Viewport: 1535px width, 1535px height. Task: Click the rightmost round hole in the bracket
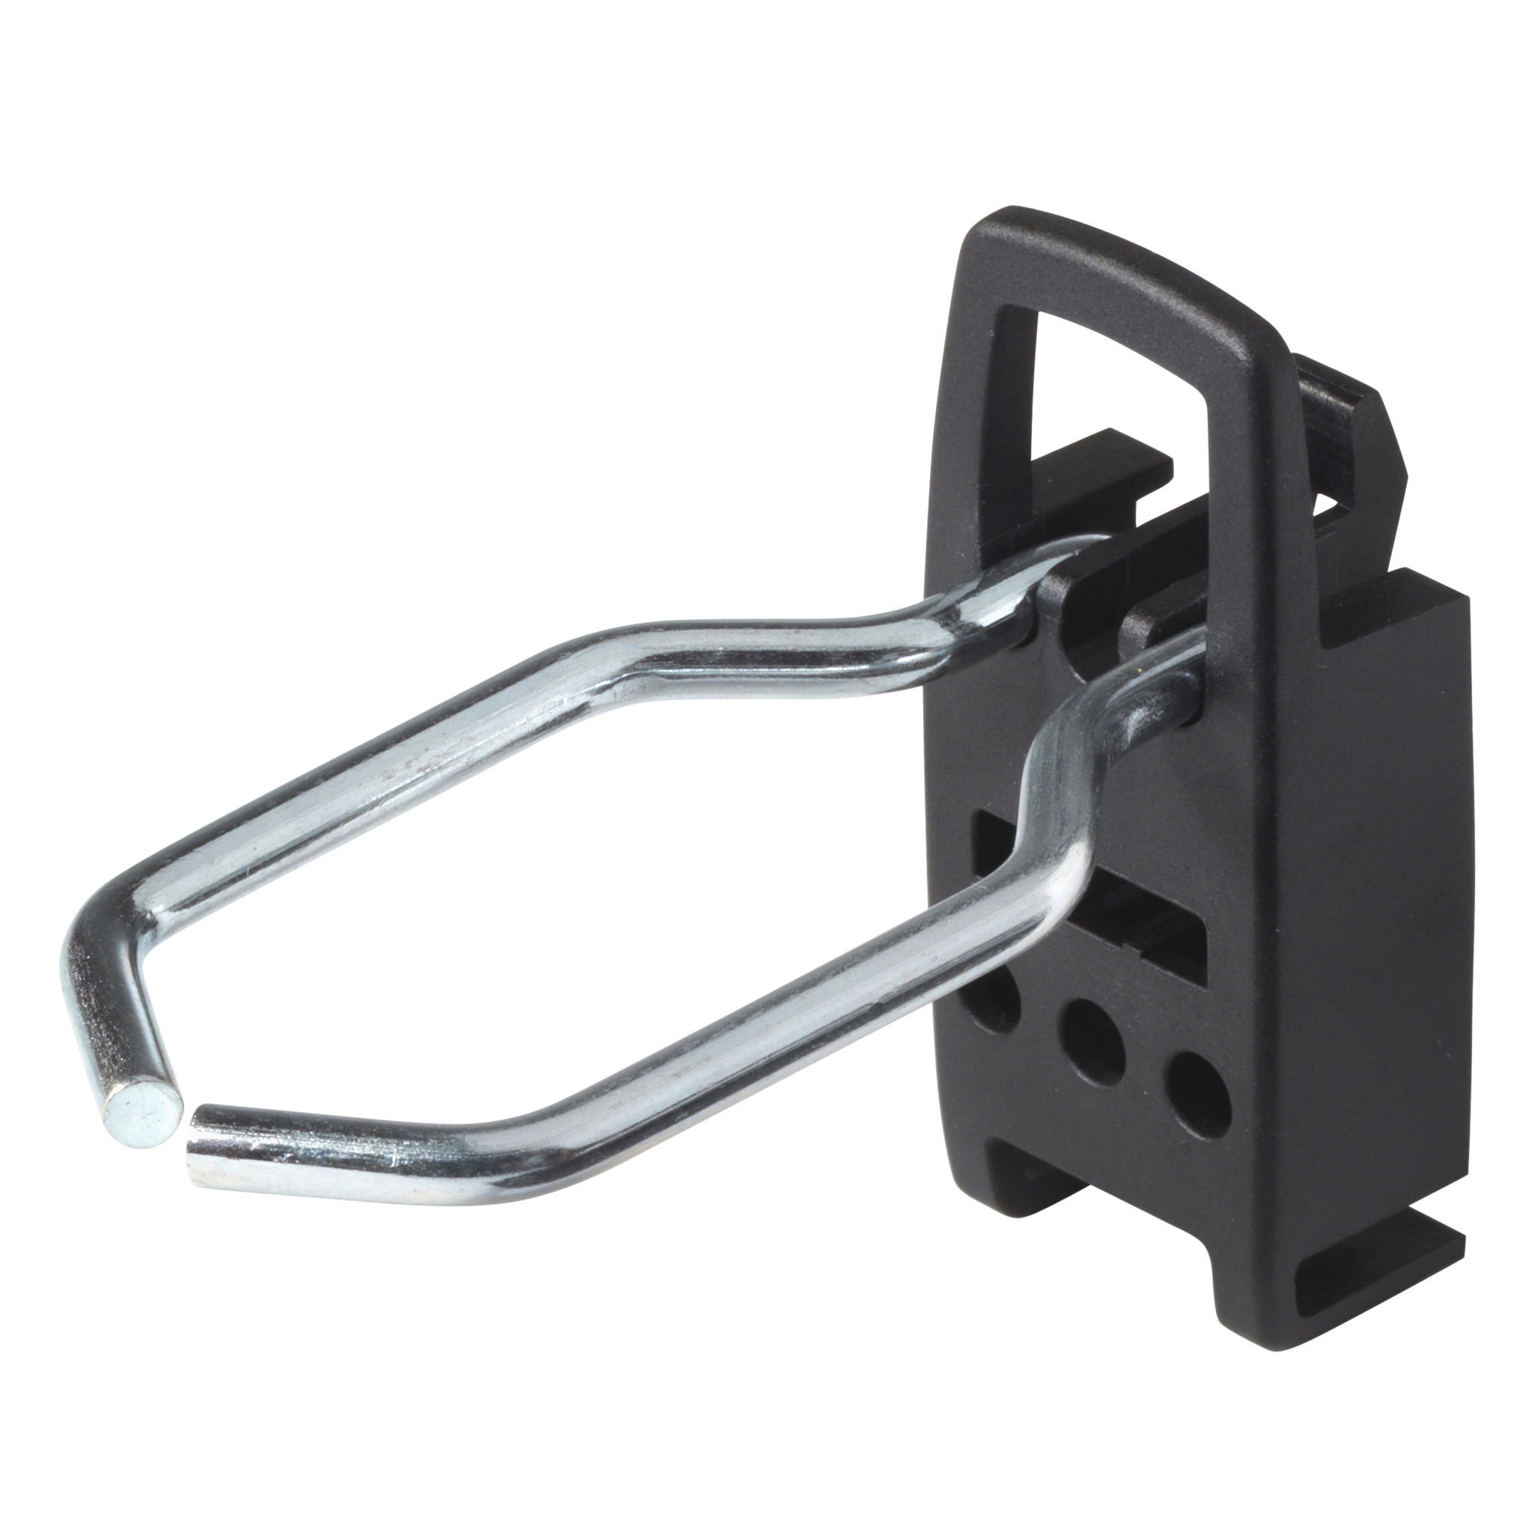pyautogui.click(x=1195, y=1089)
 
